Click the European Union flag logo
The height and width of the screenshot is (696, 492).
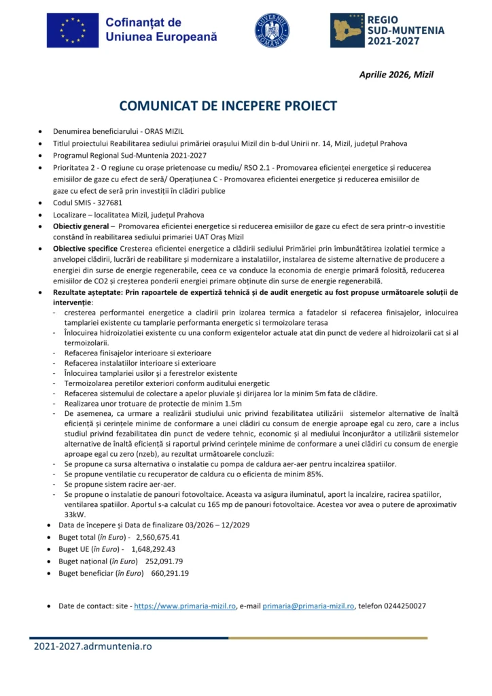[71, 30]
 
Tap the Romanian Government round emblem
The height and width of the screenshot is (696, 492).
[272, 31]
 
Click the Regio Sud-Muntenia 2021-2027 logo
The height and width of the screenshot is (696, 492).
[387, 31]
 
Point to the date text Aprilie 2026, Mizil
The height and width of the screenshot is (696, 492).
[396, 75]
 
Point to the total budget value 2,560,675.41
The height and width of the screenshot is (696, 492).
[158, 537]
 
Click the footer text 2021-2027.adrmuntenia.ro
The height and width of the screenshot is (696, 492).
[93, 646]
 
